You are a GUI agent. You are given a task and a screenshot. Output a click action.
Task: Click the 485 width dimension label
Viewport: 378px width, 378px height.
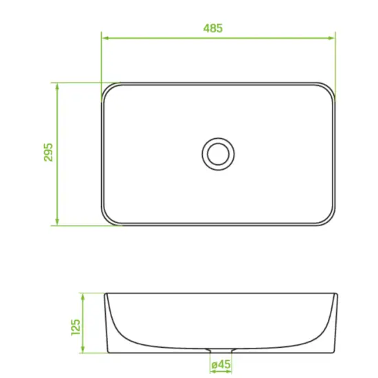click(x=213, y=28)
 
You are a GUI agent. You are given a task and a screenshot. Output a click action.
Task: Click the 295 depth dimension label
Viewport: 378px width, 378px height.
click(x=48, y=152)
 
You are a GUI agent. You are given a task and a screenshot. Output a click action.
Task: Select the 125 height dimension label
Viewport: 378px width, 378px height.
click(x=76, y=327)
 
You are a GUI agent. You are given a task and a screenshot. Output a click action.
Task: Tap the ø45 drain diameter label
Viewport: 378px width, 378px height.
click(x=221, y=365)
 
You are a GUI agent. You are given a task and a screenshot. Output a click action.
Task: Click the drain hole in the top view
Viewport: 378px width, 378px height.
click(x=218, y=154)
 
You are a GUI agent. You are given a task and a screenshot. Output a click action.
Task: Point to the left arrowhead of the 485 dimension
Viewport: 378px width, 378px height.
click(x=105, y=38)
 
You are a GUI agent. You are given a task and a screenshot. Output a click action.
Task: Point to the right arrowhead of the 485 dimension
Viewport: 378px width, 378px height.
click(x=331, y=38)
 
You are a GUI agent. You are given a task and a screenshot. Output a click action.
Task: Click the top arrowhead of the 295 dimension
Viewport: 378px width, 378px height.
click(x=57, y=87)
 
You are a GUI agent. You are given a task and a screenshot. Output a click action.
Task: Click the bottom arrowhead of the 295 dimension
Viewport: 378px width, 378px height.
click(x=57, y=222)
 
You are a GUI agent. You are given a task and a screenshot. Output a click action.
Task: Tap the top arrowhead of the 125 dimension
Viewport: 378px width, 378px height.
click(x=82, y=297)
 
